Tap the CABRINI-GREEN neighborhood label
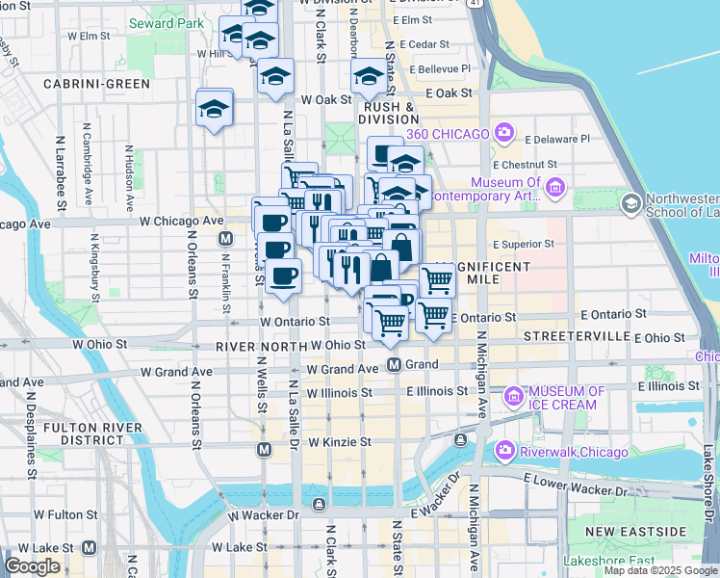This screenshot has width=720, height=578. point(96,84)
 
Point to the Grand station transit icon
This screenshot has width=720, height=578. point(394,365)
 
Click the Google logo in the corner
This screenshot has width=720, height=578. point(32,566)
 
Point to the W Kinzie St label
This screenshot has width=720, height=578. point(339,441)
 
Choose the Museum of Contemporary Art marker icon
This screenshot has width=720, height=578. point(554,186)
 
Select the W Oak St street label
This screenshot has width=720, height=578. point(325,99)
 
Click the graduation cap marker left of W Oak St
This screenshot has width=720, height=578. point(215,109)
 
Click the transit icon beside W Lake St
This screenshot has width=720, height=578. point(90,547)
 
